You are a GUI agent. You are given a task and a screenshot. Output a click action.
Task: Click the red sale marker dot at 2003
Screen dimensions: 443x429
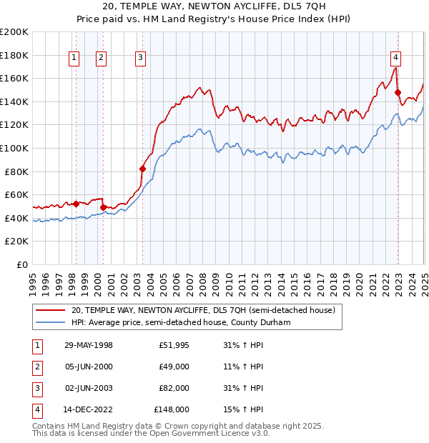click(x=142, y=169)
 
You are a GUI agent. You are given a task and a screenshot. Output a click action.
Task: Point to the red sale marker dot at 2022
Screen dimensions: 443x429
click(x=398, y=92)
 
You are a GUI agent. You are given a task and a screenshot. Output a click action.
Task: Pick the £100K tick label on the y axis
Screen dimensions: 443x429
click(x=14, y=148)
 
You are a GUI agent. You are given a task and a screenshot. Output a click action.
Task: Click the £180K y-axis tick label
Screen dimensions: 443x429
click(x=14, y=55)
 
